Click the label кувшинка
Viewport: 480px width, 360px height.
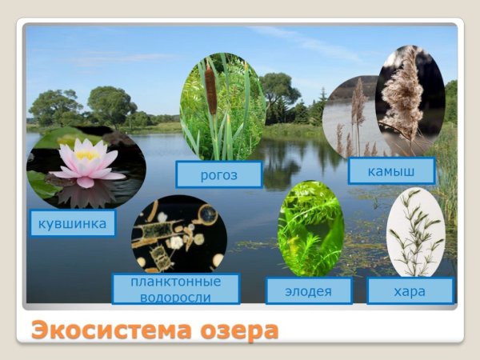[72, 223]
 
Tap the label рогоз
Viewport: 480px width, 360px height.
[218, 174]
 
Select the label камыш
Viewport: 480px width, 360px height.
[391, 170]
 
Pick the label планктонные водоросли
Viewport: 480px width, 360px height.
[176, 289]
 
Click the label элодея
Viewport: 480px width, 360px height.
[308, 291]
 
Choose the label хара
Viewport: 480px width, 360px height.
[410, 290]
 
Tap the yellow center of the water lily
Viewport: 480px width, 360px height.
[86, 155]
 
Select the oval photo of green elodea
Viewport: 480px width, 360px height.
[310, 228]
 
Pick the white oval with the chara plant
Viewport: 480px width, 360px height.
[415, 232]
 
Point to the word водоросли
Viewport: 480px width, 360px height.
[176, 297]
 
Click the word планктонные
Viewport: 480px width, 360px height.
[176, 282]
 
